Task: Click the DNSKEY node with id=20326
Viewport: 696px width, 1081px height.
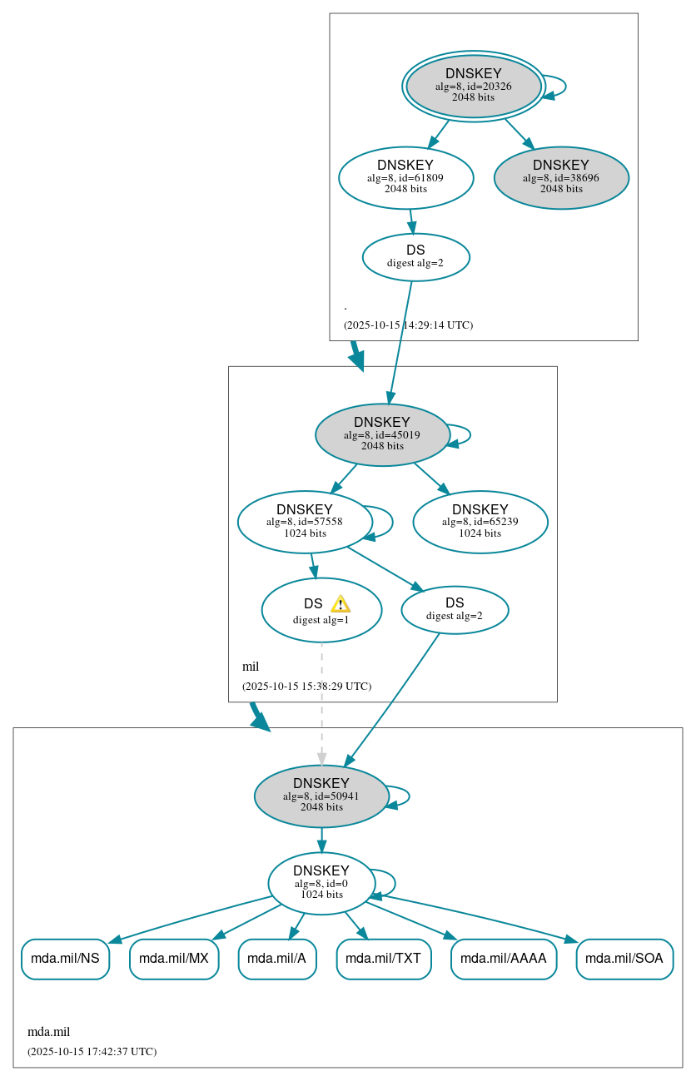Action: click(473, 86)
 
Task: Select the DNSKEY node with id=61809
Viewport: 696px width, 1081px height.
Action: click(405, 177)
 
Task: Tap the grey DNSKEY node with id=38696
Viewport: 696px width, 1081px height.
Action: click(560, 177)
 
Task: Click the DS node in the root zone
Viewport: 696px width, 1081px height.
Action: click(415, 256)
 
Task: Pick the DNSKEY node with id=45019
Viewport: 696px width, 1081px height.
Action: click(382, 434)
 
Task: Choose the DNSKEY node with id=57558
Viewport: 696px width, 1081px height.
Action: click(305, 522)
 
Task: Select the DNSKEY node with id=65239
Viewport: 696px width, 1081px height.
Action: click(480, 522)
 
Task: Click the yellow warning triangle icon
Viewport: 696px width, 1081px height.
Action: click(340, 604)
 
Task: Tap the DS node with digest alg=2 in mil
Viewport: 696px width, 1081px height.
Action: click(455, 609)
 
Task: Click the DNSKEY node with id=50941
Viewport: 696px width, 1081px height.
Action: click(321, 796)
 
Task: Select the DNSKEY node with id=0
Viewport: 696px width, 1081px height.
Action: click(321, 883)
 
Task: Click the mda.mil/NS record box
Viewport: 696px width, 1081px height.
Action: click(65, 959)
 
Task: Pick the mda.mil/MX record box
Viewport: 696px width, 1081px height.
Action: click(174, 959)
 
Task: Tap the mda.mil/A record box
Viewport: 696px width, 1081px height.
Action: click(277, 959)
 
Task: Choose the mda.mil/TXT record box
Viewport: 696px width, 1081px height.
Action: click(384, 959)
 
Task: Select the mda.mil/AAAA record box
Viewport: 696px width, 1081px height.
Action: click(503, 959)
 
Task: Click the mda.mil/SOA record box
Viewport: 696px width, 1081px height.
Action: click(624, 959)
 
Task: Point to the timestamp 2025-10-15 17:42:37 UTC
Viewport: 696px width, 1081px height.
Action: click(92, 1052)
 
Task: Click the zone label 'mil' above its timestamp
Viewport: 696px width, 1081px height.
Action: click(251, 667)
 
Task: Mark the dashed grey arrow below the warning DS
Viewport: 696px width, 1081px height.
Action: click(321, 703)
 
